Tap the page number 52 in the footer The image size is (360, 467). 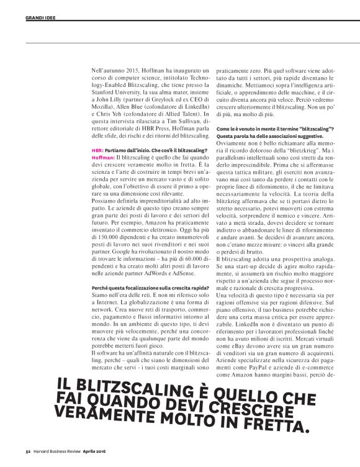[x=28, y=451]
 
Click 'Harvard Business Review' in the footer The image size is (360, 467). [x=57, y=451]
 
